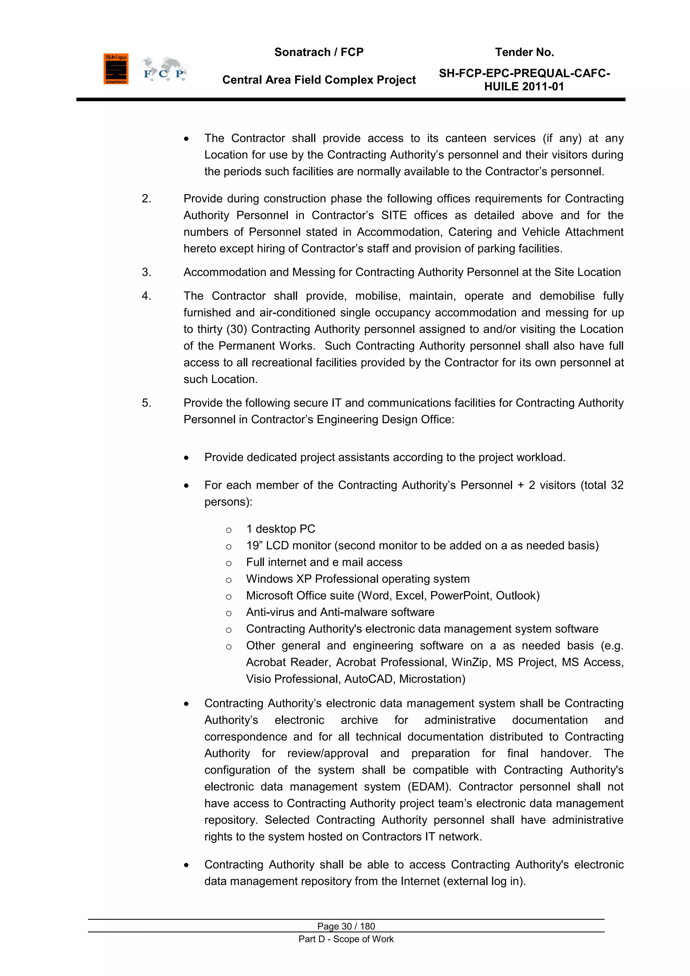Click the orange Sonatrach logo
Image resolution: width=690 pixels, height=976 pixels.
coord(116,69)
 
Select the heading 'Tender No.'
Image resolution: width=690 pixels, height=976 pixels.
coord(524,52)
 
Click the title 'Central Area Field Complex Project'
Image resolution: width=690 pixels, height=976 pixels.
coord(319,80)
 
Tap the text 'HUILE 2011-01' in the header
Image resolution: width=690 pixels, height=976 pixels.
coord(524,87)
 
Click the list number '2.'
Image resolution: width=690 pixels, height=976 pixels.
coord(146,199)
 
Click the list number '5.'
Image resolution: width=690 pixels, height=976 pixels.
coord(146,403)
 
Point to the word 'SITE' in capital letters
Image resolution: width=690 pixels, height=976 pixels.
coord(394,215)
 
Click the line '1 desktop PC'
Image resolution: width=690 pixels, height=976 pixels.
coord(280,529)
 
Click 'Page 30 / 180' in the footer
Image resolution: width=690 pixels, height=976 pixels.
coord(346,926)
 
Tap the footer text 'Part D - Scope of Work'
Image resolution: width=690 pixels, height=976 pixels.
coord(346,939)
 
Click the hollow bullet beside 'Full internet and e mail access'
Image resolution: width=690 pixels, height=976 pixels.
coord(228,563)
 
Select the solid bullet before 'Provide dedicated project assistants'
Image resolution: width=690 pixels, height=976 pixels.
coord(186,458)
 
